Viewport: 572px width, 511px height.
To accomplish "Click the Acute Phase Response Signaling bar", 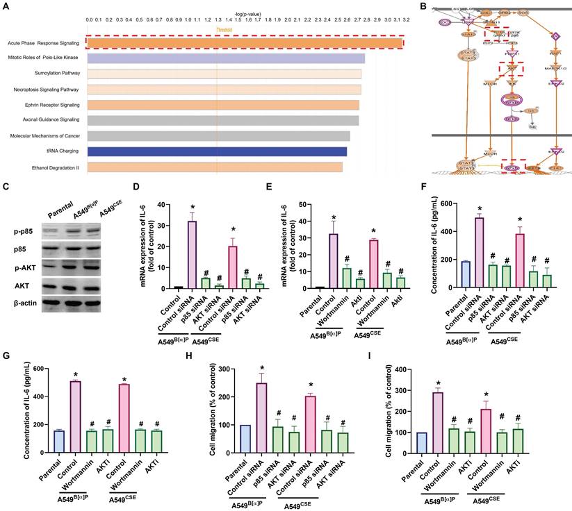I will (243, 43).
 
